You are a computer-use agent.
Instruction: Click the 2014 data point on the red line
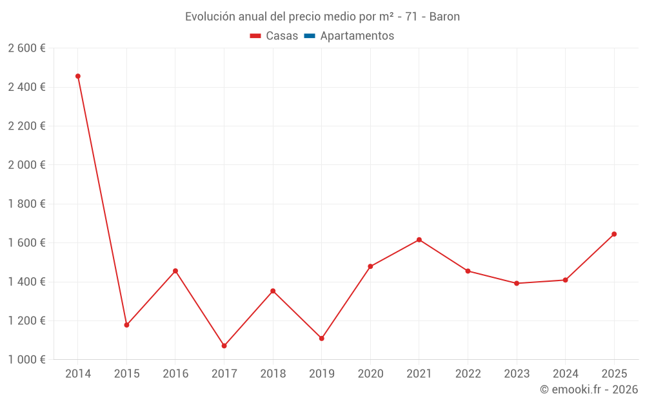78,76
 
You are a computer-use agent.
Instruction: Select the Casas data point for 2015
126,325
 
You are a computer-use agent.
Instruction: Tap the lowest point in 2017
224,346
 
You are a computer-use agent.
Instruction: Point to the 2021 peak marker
419,240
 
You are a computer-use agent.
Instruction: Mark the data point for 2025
614,234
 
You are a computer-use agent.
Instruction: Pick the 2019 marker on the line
321,339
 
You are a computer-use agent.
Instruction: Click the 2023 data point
517,283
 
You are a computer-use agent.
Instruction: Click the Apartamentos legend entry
357,36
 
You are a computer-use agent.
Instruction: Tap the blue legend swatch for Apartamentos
309,36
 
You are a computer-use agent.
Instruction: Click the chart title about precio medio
322,17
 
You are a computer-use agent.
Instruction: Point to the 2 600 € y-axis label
26,48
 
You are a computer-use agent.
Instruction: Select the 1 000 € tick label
26,360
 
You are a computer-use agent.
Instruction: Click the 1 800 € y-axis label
26,204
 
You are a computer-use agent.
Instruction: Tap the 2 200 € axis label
26,126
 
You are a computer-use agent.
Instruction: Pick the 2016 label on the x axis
175,373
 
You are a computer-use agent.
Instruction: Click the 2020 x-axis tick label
370,373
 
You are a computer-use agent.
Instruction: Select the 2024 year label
565,373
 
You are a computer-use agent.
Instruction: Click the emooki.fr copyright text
589,389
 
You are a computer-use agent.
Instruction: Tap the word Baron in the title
444,17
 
